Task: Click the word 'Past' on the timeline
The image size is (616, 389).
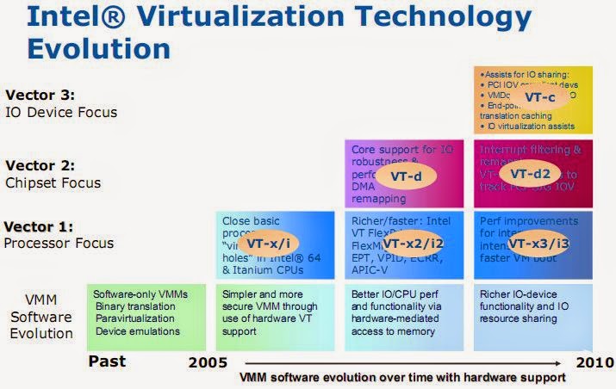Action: [x=108, y=361]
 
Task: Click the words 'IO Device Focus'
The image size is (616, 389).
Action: [x=61, y=112]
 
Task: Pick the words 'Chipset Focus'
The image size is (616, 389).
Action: [x=53, y=182]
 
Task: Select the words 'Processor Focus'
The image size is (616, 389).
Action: [x=59, y=243]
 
